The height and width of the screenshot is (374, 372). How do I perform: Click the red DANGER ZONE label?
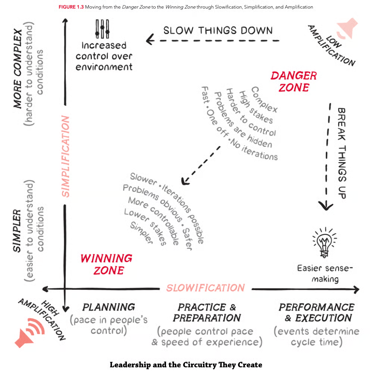coord(294,81)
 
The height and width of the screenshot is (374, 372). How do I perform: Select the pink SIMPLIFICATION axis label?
coord(65,156)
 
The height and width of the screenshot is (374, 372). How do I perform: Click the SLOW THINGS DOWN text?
coord(218,30)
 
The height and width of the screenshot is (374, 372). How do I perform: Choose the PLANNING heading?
coord(109,307)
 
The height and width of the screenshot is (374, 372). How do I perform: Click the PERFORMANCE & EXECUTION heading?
coord(316,312)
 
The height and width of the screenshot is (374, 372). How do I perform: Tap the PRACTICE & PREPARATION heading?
coord(207,312)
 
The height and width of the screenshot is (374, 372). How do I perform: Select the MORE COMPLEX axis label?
coord(18,69)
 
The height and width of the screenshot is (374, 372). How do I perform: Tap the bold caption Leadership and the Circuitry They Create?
coord(186,365)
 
